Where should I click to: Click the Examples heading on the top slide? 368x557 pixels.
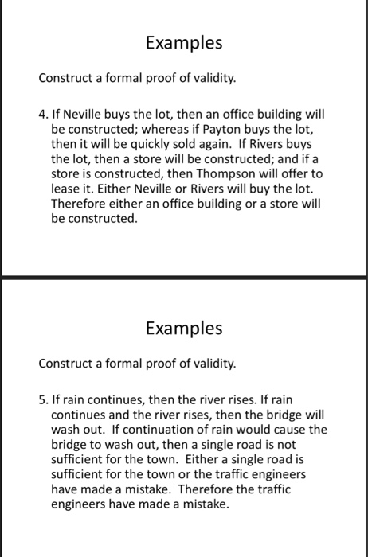click(183, 43)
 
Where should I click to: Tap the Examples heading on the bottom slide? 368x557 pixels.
click(183, 328)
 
